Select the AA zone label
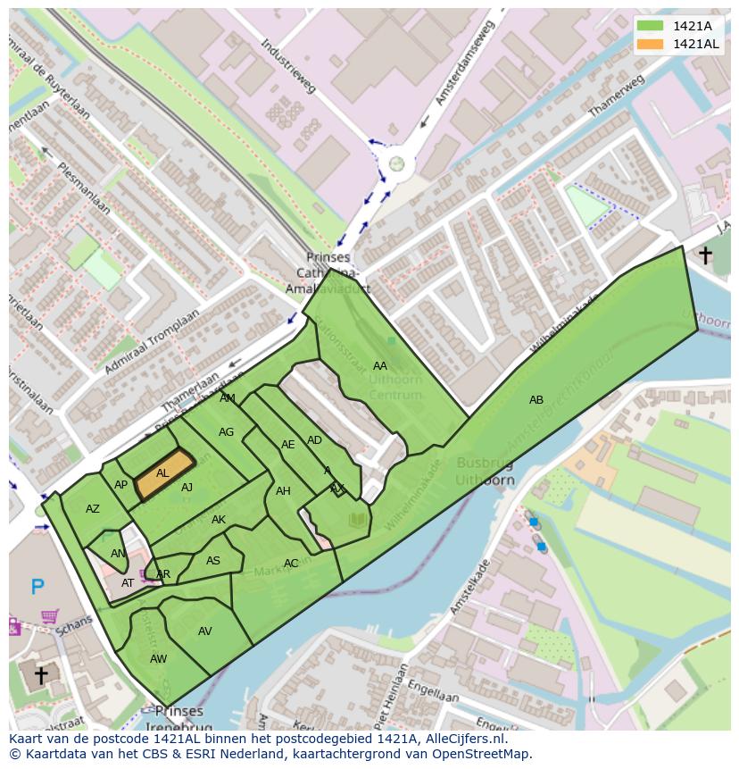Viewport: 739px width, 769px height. click(x=380, y=366)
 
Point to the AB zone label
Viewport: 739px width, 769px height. click(x=536, y=400)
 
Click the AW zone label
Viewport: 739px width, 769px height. click(x=158, y=659)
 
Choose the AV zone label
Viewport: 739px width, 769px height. click(x=205, y=631)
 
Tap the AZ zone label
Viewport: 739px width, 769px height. click(x=93, y=509)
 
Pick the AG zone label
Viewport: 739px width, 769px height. click(x=226, y=432)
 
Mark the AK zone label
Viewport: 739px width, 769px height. click(x=219, y=520)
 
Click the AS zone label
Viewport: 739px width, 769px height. click(x=213, y=561)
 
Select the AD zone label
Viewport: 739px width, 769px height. click(x=314, y=440)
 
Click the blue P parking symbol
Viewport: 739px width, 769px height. click(x=37, y=587)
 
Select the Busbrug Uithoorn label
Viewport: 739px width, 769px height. click(x=486, y=471)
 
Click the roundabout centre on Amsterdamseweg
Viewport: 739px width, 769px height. click(x=395, y=163)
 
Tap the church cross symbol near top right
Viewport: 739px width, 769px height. click(x=705, y=255)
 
